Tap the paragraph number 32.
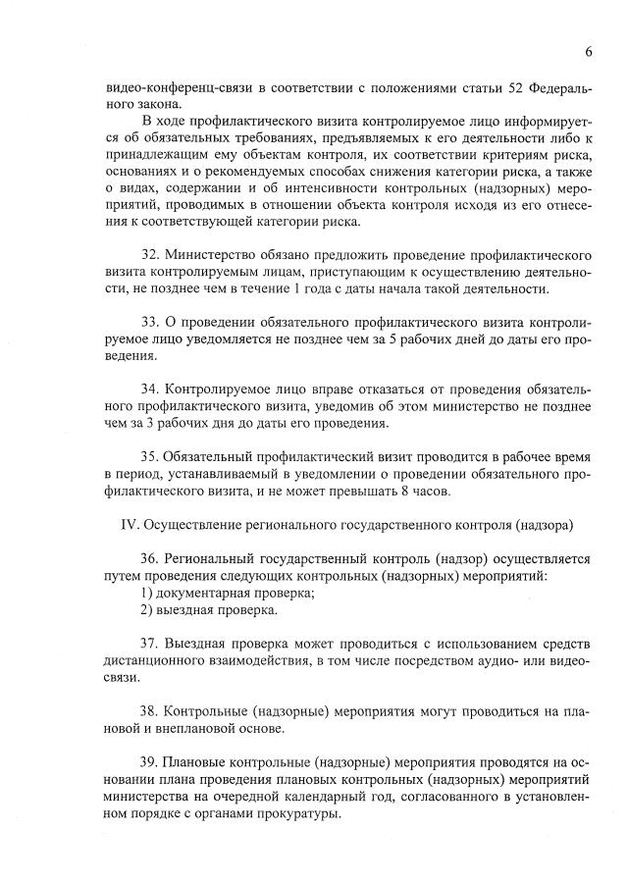click(x=150, y=254)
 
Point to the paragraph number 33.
click(x=150, y=321)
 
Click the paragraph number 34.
click(x=150, y=389)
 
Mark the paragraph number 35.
click(x=150, y=456)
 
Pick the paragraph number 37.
click(x=150, y=644)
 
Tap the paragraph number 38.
click(x=150, y=711)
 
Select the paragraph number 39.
click(x=150, y=762)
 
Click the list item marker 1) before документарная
click(x=147, y=593)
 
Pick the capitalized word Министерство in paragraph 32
click(x=217, y=254)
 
